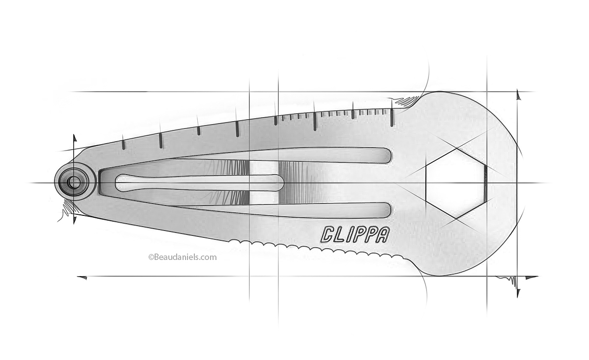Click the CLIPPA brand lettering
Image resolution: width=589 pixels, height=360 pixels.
pyautogui.click(x=355, y=234)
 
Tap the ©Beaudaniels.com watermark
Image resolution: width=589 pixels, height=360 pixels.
pyautogui.click(x=182, y=257)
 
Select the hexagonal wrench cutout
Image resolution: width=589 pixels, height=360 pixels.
pyautogui.click(x=455, y=183)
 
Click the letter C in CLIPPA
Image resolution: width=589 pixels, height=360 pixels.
pyautogui.click(x=328, y=234)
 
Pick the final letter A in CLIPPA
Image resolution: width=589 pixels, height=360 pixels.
pyautogui.click(x=382, y=234)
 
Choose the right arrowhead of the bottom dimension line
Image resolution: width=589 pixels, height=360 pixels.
pyautogui.click(x=532, y=278)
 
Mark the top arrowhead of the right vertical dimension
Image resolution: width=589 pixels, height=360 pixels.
pyautogui.click(x=518, y=95)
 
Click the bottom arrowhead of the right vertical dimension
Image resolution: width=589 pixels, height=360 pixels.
pyautogui.click(x=518, y=293)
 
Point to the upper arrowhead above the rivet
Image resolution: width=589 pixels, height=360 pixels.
pyautogui.click(x=75, y=139)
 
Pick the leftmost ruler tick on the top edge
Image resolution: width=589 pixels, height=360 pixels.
pyautogui.click(x=123, y=144)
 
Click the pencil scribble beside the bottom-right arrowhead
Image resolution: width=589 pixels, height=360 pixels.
pyautogui.click(x=508, y=281)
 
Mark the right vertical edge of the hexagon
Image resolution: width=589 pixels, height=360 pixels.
pyautogui.click(x=484, y=183)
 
